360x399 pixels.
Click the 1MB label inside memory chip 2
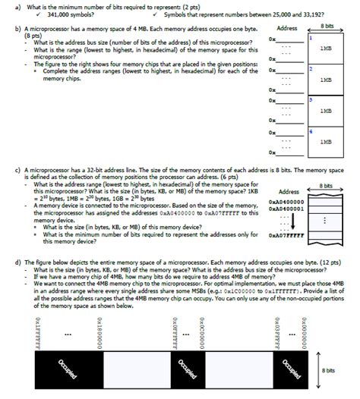(325, 79)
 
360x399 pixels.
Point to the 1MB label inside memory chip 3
(325, 111)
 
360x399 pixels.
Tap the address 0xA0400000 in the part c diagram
(286, 202)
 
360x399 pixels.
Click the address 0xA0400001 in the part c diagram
(286, 209)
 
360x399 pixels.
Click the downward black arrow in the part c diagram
(295, 221)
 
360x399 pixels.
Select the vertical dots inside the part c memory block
(325, 221)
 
